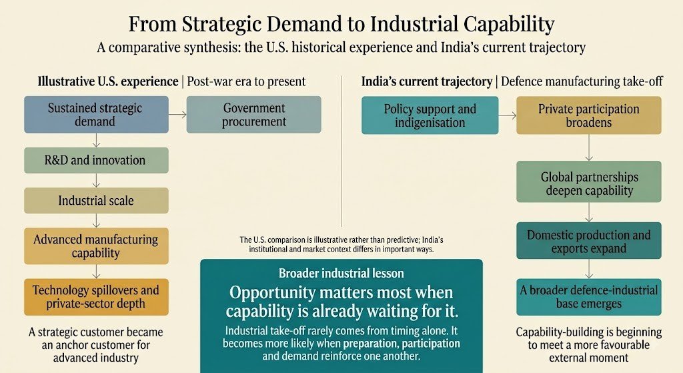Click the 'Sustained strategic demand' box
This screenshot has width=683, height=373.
(96, 115)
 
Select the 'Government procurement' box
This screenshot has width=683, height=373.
(254, 115)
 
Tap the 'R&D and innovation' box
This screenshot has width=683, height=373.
(96, 160)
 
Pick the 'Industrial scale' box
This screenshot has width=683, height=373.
(96, 200)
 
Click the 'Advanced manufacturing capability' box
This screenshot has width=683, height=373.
(96, 246)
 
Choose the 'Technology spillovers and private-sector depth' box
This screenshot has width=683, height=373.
(96, 297)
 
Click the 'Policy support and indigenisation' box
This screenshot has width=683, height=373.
(430, 115)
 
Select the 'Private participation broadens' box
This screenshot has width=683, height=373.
(589, 115)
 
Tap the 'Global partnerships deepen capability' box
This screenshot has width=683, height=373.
(589, 181)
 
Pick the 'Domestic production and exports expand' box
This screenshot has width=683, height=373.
(589, 240)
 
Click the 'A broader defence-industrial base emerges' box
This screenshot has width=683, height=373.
(589, 297)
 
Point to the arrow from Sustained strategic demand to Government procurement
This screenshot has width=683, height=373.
(177, 115)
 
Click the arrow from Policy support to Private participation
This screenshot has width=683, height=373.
(508, 115)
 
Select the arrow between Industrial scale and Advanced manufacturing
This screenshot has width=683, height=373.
(96, 220)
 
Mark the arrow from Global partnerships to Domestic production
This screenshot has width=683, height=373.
(589, 212)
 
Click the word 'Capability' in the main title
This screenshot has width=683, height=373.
(509, 25)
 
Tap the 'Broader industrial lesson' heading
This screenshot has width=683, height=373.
(341, 273)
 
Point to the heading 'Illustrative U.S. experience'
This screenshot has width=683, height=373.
(107, 81)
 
